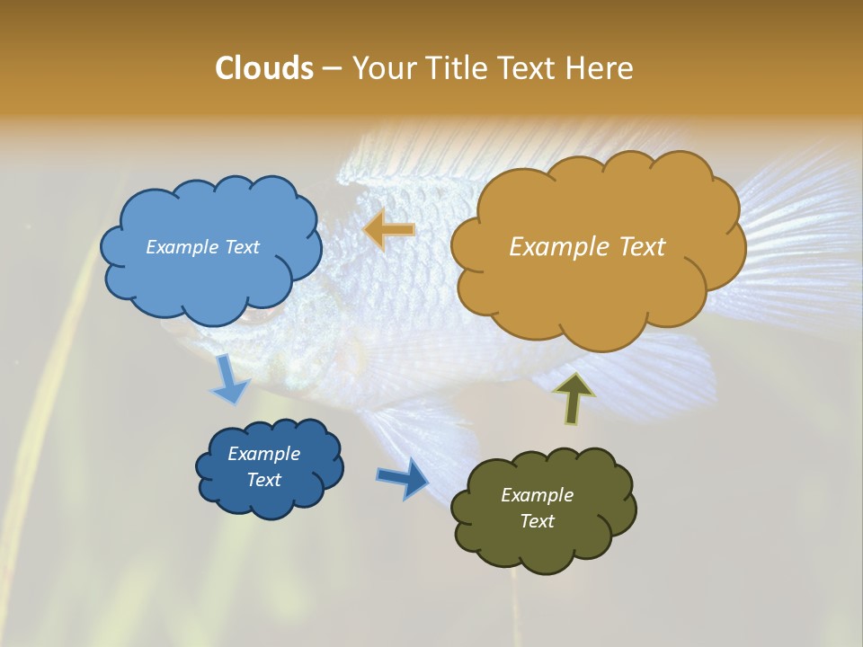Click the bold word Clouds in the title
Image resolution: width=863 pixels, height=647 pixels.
(263, 68)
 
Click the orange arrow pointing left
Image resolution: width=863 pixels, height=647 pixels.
(388, 230)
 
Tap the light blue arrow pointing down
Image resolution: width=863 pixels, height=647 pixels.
(229, 379)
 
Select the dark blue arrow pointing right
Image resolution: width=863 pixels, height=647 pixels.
(403, 477)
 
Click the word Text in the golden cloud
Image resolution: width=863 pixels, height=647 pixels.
(642, 247)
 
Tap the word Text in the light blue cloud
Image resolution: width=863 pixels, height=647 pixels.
(241, 247)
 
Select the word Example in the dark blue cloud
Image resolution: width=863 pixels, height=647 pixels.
(264, 454)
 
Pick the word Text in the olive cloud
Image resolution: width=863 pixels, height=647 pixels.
(537, 521)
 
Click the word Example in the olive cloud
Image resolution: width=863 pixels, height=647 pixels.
(537, 495)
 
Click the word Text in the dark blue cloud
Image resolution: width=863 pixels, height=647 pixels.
(264, 480)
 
